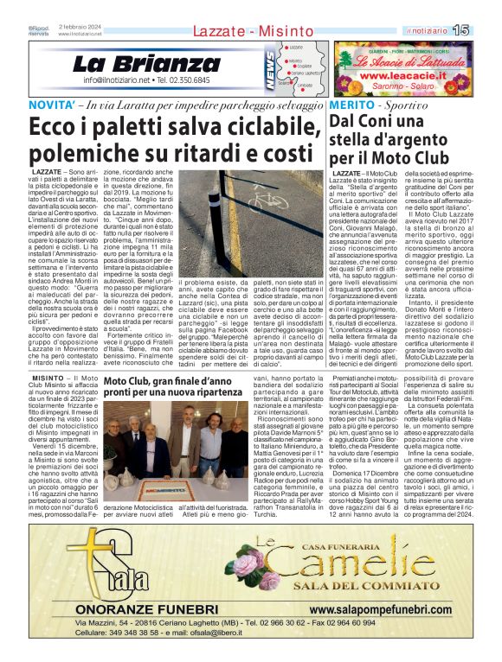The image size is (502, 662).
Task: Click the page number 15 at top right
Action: (486, 30)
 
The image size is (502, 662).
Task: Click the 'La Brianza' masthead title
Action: (134, 64)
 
